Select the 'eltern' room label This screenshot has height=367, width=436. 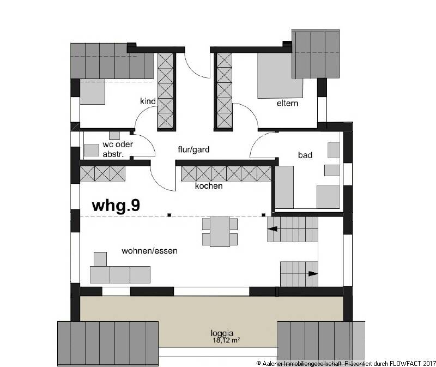[287, 103]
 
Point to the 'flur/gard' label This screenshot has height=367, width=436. [193, 149]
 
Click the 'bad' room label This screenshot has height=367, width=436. [305, 155]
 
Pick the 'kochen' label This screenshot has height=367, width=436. [209, 186]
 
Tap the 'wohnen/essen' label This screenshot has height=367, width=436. [150, 251]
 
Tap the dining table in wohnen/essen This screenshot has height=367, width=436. [220, 231]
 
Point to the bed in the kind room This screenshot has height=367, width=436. [92, 92]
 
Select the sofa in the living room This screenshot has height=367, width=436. [120, 274]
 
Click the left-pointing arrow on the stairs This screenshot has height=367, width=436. [271, 229]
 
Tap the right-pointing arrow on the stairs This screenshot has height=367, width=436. [312, 274]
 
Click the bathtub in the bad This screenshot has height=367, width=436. [285, 187]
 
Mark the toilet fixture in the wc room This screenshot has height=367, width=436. [114, 135]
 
